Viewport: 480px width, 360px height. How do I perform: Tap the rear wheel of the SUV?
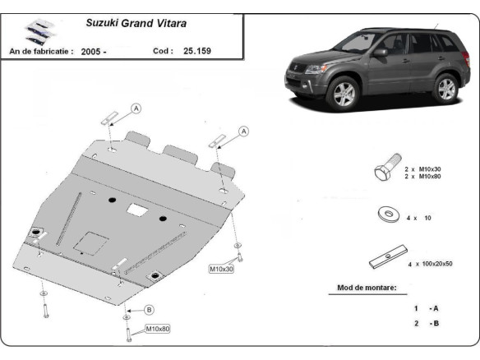(x=445, y=86)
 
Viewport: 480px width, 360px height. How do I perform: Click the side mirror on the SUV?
(x=380, y=52)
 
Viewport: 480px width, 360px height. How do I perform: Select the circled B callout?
(x=149, y=310)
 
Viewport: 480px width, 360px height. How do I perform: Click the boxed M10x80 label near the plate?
(x=159, y=330)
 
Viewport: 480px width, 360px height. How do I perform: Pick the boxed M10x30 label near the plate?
(x=221, y=269)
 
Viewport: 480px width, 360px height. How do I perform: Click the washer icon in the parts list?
(x=385, y=216)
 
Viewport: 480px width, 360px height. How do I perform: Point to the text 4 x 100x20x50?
(x=431, y=263)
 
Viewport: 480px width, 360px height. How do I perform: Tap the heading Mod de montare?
(x=367, y=288)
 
